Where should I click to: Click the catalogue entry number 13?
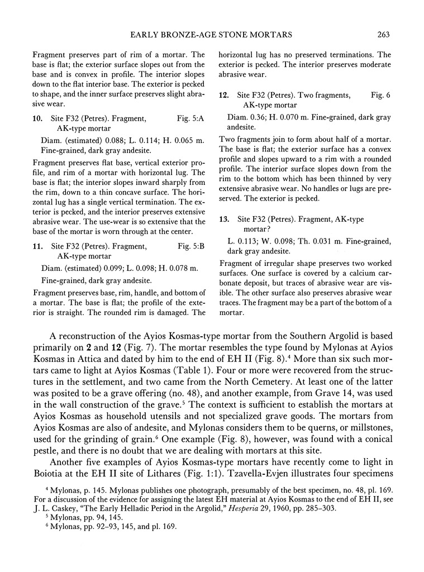pyautogui.click(x=223, y=203)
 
